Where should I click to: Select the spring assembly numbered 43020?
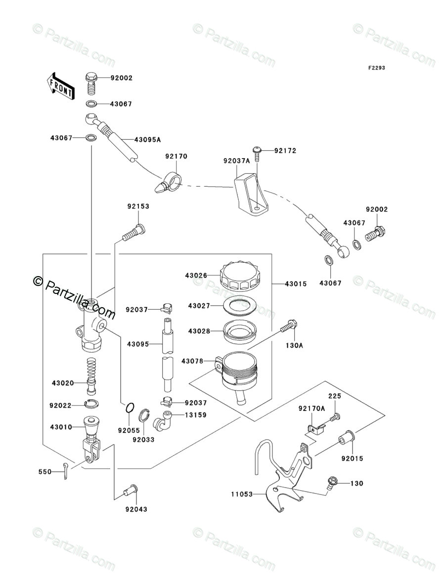coord(90,374)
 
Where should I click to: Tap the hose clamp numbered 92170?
coord(169,182)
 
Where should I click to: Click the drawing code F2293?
coord(376,68)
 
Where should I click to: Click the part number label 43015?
coord(296,284)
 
